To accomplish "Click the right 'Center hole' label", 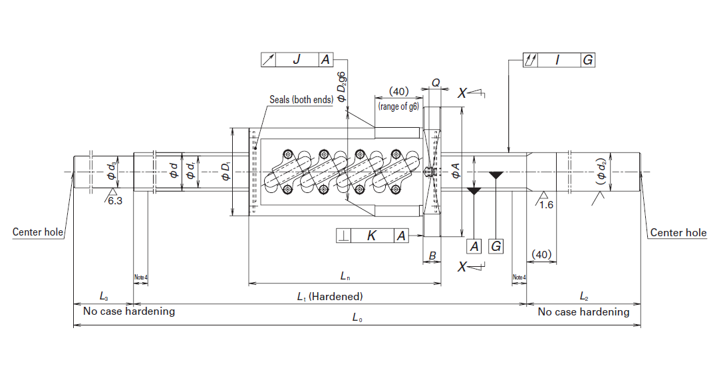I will coord(678,232).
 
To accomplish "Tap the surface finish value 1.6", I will coord(546,204).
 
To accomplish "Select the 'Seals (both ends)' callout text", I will coord(301,100).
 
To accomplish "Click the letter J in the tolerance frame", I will coord(297,60).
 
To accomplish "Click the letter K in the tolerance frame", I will coord(371,235).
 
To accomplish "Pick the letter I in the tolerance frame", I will coord(557,60).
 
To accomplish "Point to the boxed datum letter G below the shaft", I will coord(496,246).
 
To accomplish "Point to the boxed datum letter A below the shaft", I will coord(474,246).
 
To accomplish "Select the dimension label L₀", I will coord(357,318).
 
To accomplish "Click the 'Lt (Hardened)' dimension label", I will coord(329,297).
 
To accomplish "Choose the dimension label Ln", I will coord(345,276).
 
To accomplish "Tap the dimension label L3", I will coord(103,296).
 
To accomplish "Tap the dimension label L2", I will coord(583,296).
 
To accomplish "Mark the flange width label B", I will coord(432,255).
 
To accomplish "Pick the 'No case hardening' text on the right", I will coord(583,311).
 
